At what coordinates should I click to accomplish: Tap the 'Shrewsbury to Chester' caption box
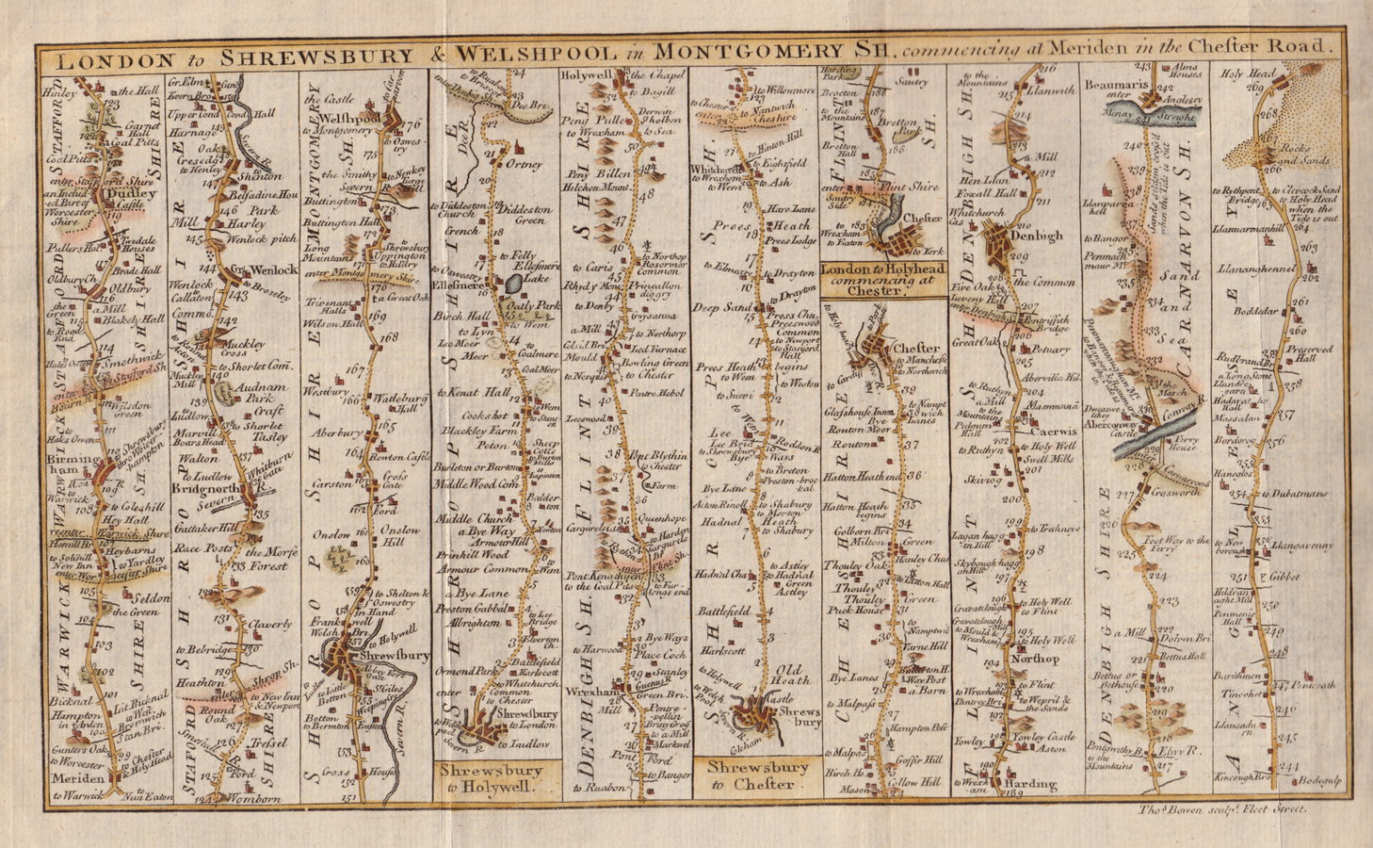756,775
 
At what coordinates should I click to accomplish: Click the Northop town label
1038,659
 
